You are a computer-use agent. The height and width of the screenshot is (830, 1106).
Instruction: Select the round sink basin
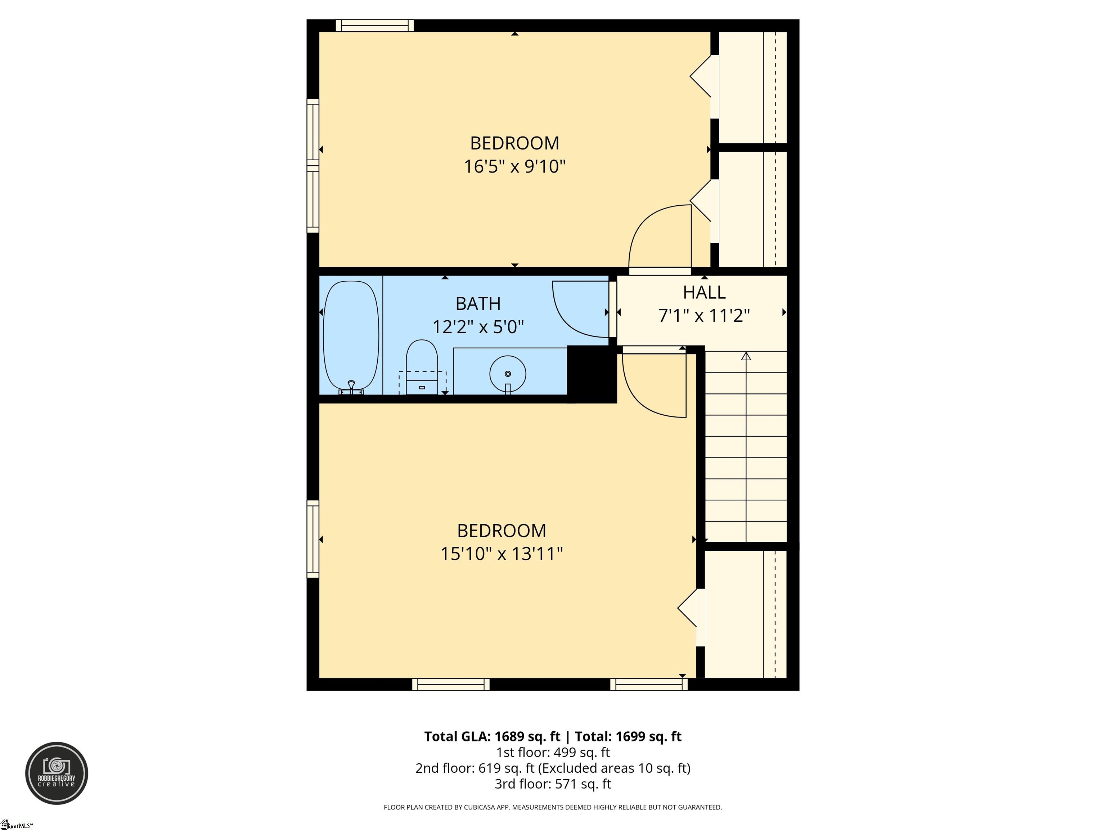point(508,373)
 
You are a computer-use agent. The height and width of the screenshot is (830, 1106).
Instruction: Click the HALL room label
point(704,292)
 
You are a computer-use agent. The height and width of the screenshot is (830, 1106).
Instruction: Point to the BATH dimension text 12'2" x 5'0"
point(478,327)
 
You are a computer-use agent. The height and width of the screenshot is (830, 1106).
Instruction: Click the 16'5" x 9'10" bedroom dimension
point(514,166)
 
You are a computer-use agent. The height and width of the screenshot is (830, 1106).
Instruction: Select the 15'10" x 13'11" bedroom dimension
point(502,554)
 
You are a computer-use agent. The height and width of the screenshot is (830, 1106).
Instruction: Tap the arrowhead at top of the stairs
point(746,356)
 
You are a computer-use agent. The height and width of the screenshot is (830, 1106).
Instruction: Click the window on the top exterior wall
point(374,26)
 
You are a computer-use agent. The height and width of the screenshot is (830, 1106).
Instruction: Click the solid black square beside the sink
point(592,373)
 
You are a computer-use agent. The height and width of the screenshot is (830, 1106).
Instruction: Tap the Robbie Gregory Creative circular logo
point(57,773)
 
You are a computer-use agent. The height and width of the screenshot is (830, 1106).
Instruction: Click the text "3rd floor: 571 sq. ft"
point(553,784)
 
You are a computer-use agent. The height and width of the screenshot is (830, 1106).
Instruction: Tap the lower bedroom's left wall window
point(313,539)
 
